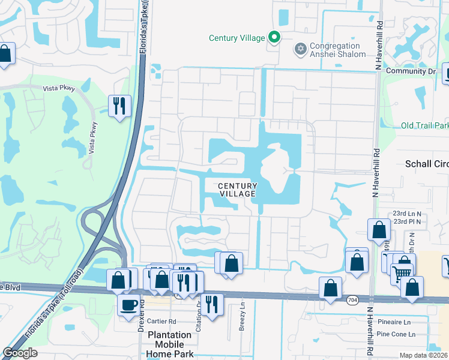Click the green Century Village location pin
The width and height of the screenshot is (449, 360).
[x=274, y=37]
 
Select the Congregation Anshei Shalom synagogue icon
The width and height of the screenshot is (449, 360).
[x=300, y=48]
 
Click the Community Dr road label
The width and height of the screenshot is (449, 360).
[x=411, y=71]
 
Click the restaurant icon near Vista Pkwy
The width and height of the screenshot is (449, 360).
[x=119, y=106]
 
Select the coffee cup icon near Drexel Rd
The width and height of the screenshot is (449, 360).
[x=128, y=304]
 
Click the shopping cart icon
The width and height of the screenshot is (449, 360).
[x=401, y=274]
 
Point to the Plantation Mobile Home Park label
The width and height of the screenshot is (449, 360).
[x=170, y=344]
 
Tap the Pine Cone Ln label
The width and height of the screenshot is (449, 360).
[x=396, y=334]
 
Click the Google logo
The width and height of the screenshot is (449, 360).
[x=20, y=353]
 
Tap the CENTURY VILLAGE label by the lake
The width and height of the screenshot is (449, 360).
[x=237, y=190]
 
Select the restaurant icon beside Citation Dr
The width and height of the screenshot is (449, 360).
[x=212, y=303]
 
